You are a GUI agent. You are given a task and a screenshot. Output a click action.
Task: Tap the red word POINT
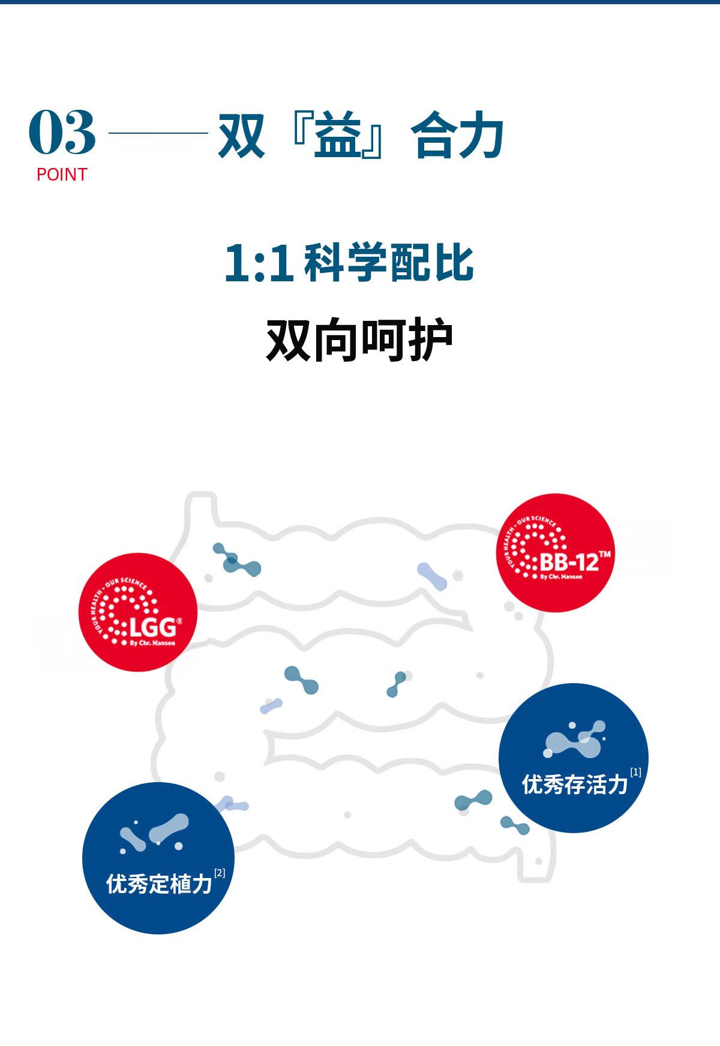pyautogui.click(x=62, y=175)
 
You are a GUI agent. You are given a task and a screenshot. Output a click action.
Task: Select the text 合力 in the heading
pyautogui.click(x=457, y=136)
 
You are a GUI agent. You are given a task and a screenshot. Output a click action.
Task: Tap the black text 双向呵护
pyautogui.click(x=359, y=340)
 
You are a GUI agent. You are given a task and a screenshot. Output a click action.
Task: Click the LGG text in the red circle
pyautogui.click(x=152, y=627)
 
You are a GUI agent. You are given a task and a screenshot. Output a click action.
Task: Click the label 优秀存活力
pyautogui.click(x=574, y=784)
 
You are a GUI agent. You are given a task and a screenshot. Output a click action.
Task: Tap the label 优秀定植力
pyautogui.click(x=158, y=884)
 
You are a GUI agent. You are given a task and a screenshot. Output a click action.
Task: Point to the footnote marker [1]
pyautogui.click(x=635, y=773)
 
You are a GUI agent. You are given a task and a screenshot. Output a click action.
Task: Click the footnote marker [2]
pyautogui.click(x=220, y=873)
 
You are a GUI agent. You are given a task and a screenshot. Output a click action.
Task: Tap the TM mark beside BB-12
pyautogui.click(x=605, y=554)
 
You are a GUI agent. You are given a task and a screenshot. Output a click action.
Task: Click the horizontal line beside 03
pyautogui.click(x=158, y=133)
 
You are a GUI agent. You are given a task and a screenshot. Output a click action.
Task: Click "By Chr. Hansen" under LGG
pyautogui.click(x=152, y=643)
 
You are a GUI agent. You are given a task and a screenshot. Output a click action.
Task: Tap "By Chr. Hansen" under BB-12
pyautogui.click(x=560, y=576)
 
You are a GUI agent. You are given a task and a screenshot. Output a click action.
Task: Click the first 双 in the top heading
pyautogui.click(x=241, y=136)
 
